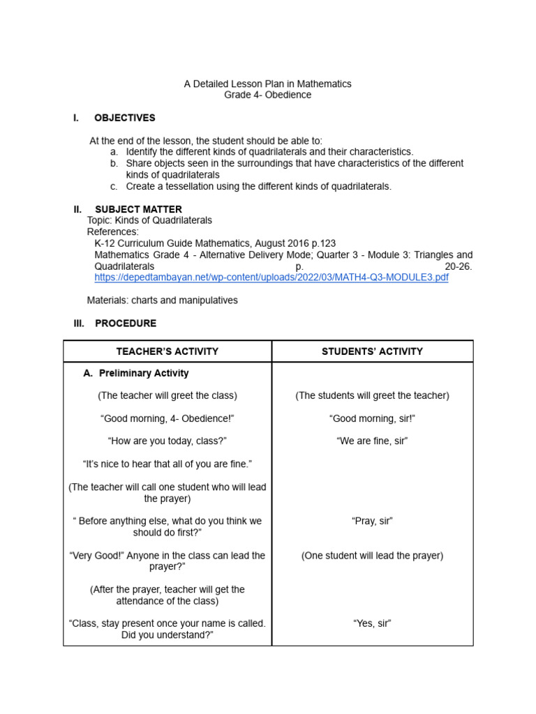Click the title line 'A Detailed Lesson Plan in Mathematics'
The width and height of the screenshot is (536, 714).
267,84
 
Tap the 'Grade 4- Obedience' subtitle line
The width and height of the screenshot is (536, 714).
267,95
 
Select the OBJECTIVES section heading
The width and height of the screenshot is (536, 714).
124,118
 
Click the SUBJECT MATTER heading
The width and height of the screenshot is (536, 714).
138,209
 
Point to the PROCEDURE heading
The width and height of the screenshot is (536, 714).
126,324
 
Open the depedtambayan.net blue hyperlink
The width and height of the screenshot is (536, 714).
271,278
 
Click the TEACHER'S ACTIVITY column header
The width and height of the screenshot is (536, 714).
167,351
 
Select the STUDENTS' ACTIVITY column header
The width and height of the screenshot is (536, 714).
372,351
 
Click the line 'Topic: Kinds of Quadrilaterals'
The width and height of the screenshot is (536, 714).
149,220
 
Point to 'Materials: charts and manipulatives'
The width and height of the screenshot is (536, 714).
162,301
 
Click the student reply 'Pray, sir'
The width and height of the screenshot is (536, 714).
372,521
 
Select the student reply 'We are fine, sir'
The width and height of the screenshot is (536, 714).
372,441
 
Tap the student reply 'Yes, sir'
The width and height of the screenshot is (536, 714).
372,623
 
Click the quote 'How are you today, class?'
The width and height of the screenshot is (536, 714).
167,441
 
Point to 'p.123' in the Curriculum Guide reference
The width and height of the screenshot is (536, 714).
323,243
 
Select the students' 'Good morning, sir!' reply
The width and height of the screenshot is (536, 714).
372,418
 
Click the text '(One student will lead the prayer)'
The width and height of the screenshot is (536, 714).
372,556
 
